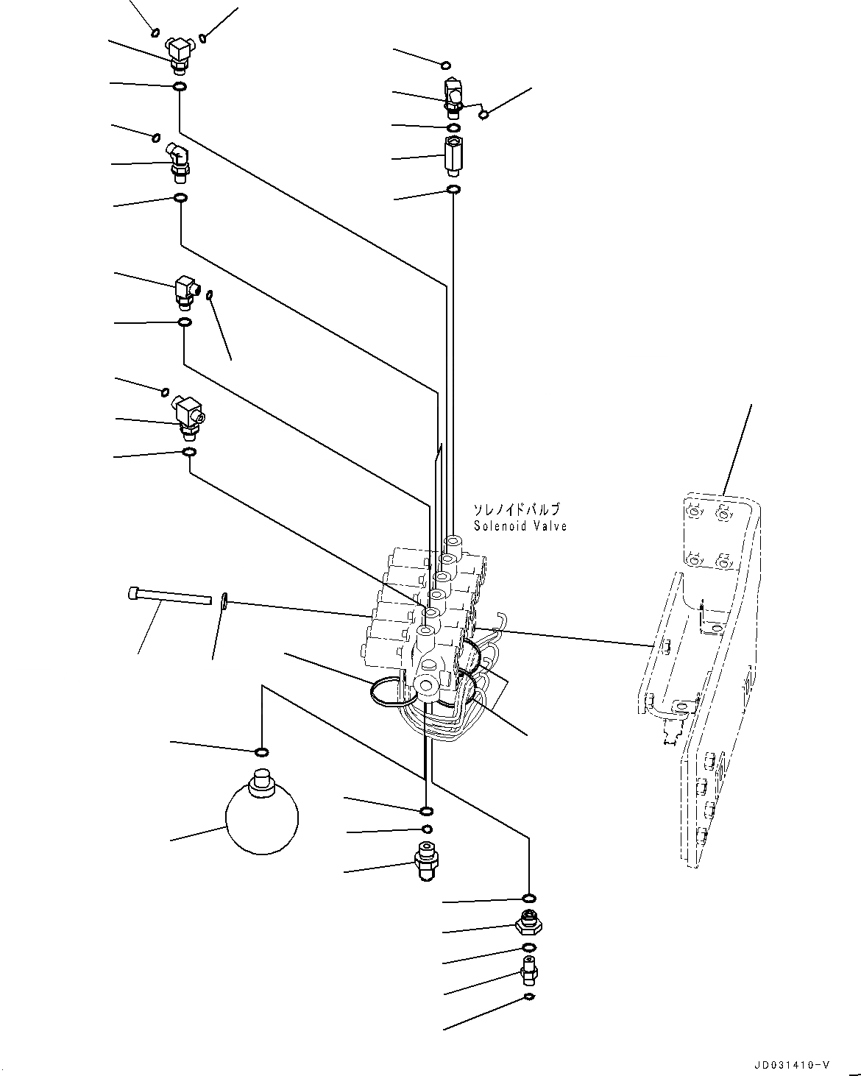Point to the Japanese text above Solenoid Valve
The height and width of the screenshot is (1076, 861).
click(516, 509)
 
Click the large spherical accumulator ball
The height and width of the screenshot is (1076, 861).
click(262, 818)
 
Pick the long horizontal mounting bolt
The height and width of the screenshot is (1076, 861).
click(169, 595)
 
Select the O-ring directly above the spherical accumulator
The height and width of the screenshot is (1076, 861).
click(261, 751)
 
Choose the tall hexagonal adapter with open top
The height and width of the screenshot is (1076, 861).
click(452, 156)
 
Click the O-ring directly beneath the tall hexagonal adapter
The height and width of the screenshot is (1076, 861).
click(454, 191)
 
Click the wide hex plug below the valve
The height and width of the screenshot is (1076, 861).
click(528, 921)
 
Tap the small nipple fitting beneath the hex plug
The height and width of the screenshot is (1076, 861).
click(528, 971)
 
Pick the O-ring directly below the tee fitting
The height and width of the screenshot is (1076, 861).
click(179, 88)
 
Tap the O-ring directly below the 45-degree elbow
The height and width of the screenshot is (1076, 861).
click(180, 198)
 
